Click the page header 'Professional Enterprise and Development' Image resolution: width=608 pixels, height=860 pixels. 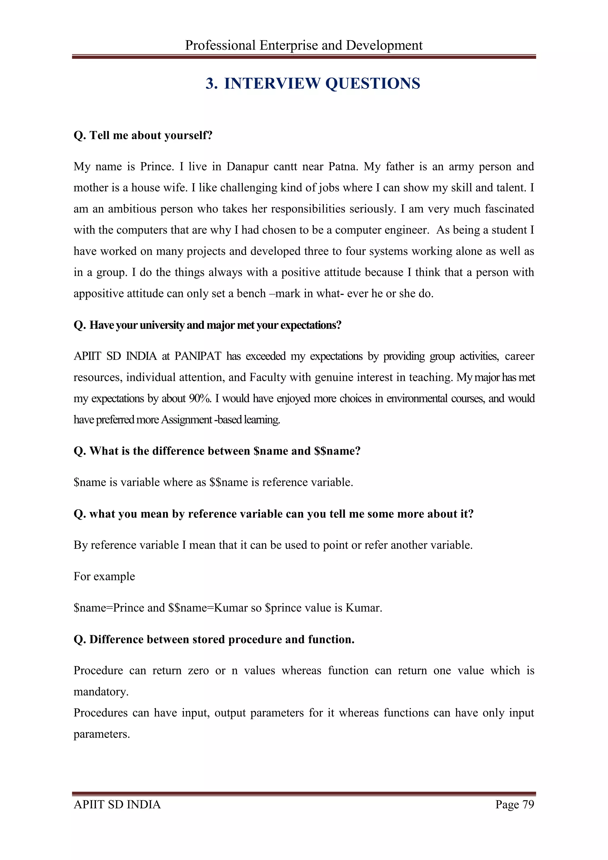[x=304, y=45]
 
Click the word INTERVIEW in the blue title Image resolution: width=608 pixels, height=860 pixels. [x=272, y=83]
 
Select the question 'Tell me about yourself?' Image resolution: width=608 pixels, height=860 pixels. [x=143, y=135]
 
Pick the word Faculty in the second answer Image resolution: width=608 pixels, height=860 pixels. [x=268, y=377]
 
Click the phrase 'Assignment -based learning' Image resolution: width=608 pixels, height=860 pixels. [x=221, y=420]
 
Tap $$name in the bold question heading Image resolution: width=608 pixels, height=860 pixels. [x=334, y=451]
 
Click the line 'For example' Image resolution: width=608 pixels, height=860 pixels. [x=104, y=576]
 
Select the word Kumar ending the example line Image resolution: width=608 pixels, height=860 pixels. [x=363, y=608]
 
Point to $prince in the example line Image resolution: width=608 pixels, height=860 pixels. [x=278, y=608]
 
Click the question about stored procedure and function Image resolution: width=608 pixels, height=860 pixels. [x=214, y=639]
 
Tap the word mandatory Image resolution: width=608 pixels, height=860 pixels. [x=100, y=691]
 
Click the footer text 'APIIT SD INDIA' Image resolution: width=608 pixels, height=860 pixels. [x=117, y=804]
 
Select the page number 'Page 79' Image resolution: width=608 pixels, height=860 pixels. [x=514, y=804]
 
